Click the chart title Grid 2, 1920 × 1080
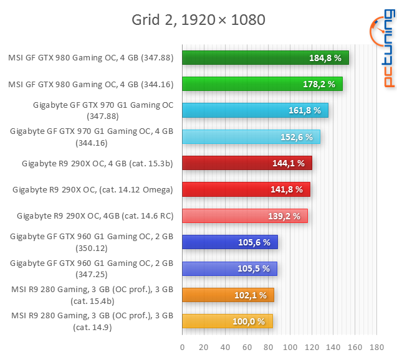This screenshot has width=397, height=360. click(198, 20)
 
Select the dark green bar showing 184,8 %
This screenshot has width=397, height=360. click(265, 58)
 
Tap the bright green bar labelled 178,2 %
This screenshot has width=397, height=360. click(262, 84)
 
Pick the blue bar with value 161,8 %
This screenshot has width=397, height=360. click(255, 110)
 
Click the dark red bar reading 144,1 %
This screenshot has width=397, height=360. click(247, 163)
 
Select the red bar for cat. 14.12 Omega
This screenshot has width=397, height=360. click(246, 189)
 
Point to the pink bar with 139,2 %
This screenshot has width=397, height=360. click(244, 216)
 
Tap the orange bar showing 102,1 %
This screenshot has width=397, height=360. click(227, 295)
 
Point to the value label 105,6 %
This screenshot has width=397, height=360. click(254, 242)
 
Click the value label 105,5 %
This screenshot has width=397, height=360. click(254, 268)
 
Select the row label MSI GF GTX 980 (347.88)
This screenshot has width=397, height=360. click(91, 58)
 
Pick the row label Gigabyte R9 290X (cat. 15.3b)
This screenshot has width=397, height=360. click(97, 164)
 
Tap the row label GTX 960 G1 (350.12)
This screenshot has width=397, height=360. click(92, 242)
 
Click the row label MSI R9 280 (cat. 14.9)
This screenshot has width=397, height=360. click(92, 321)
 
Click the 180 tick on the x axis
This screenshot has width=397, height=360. click(376, 347)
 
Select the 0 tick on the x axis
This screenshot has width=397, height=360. click(182, 347)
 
